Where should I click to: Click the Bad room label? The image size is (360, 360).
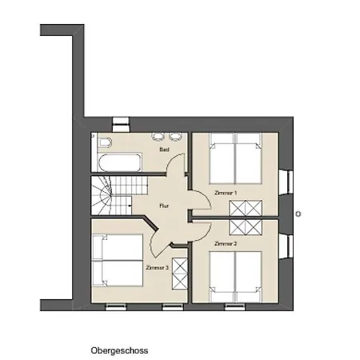point(164,150)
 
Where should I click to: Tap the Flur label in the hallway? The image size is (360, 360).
point(164,206)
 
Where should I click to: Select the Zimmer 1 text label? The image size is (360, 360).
point(226,193)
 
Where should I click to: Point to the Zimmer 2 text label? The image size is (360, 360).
point(226,243)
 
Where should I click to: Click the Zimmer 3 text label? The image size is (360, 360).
point(158,267)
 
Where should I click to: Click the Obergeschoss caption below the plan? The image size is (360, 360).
point(119,350)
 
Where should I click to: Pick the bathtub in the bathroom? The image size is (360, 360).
point(119,163)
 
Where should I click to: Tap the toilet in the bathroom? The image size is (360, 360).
point(106,142)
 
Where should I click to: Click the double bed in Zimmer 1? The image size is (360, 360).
point(235,158)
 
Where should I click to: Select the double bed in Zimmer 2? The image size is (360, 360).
point(235,277)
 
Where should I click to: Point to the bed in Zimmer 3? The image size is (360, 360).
point(118,260)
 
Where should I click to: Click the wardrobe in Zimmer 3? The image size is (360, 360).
point(180,274)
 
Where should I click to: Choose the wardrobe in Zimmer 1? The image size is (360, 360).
point(246,208)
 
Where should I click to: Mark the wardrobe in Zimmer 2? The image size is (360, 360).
point(246,227)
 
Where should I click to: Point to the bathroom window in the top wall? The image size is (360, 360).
point(121,125)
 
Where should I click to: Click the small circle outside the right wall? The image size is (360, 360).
point(298,214)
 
